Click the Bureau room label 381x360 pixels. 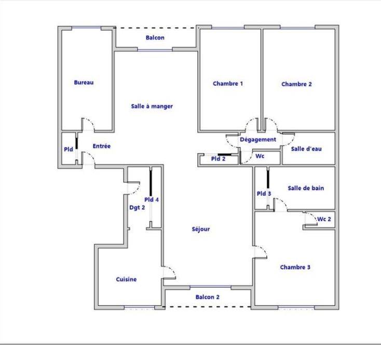click(x=84, y=83)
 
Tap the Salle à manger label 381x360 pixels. click(x=152, y=106)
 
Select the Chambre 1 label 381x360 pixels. click(x=228, y=84)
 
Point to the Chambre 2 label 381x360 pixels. click(x=296, y=84)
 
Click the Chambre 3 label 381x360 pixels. click(x=295, y=267)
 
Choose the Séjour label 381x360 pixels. click(x=201, y=229)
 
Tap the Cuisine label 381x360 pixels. click(x=126, y=279)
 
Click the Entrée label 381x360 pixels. click(x=102, y=146)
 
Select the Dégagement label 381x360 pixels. click(x=258, y=140)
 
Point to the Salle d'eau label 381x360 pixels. click(x=306, y=149)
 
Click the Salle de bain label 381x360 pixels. click(x=306, y=188)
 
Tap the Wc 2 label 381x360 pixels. click(x=324, y=219)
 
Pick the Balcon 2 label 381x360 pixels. click(x=207, y=297)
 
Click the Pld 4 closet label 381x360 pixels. click(x=152, y=199)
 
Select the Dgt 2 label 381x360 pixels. click(x=137, y=207)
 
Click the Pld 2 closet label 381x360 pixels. click(x=218, y=159)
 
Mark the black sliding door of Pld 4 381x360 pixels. click(x=151, y=183)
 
